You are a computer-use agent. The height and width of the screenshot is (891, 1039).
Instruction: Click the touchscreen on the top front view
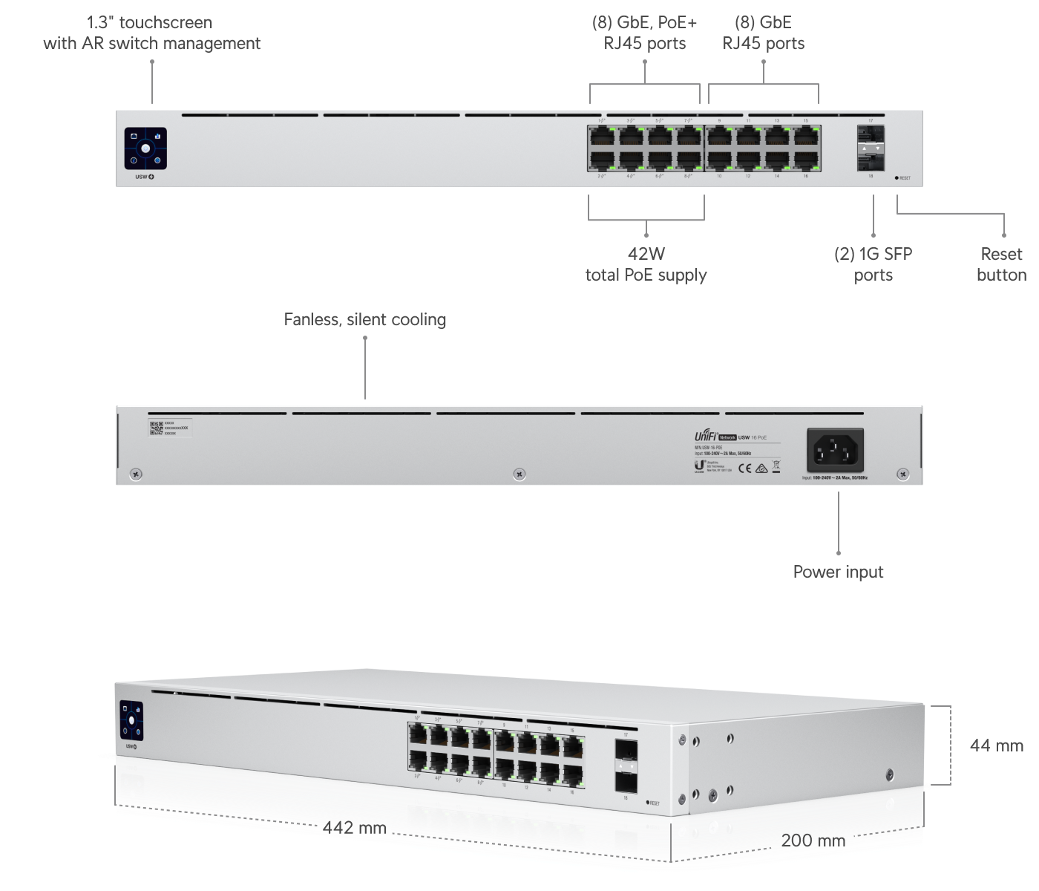pos(145,148)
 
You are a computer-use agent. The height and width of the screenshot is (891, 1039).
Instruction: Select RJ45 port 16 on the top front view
pos(805,159)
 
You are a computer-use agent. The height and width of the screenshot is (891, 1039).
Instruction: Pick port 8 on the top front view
pos(689,159)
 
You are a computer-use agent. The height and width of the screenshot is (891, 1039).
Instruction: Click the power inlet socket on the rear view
pos(835,449)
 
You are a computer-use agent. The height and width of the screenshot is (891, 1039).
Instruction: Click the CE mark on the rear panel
pos(747,468)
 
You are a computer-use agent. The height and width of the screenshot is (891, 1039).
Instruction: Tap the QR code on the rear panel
pos(156,428)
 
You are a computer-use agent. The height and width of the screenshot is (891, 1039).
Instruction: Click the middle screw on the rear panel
pos(519,474)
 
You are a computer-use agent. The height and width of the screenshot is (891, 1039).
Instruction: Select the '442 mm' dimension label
pos(354,827)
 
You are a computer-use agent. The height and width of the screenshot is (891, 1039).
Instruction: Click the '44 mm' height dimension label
pos(996,745)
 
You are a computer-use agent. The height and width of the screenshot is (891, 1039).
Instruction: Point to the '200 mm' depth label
pos(813,841)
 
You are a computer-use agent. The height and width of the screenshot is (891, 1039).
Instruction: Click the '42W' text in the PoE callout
pos(646,254)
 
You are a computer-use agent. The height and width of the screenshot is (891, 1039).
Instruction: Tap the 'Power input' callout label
pos(838,572)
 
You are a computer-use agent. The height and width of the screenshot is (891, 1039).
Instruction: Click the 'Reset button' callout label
pos(1001,264)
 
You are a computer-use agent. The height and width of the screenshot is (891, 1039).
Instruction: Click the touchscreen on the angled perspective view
pos(131,720)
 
